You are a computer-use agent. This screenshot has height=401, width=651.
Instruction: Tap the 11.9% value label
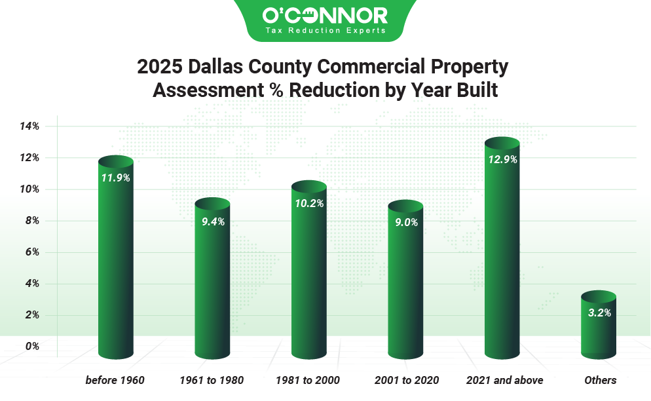coord(115,178)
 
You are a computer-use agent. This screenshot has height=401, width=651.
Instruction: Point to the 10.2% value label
coord(308,203)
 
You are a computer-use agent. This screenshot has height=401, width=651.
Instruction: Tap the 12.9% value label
coord(502,159)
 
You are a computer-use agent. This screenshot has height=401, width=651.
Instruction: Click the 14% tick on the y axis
coord(30,126)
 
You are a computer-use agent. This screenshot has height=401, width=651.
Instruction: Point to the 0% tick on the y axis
coord(32,346)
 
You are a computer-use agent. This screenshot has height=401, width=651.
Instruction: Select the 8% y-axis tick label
coord(32,221)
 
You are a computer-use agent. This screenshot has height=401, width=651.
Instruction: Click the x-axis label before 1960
coord(115,380)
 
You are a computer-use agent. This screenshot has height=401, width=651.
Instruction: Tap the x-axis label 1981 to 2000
coord(308,380)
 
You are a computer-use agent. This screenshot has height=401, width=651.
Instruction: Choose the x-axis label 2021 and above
coord(504,380)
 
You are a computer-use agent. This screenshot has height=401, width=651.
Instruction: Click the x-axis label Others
coord(600,380)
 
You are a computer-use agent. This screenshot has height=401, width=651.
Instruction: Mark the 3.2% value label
coord(599,313)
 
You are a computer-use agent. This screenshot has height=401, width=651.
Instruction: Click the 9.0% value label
coord(405,222)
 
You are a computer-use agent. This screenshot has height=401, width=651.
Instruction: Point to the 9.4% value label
coord(212,221)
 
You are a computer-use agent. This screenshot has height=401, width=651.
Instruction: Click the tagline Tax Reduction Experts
coord(325,30)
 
